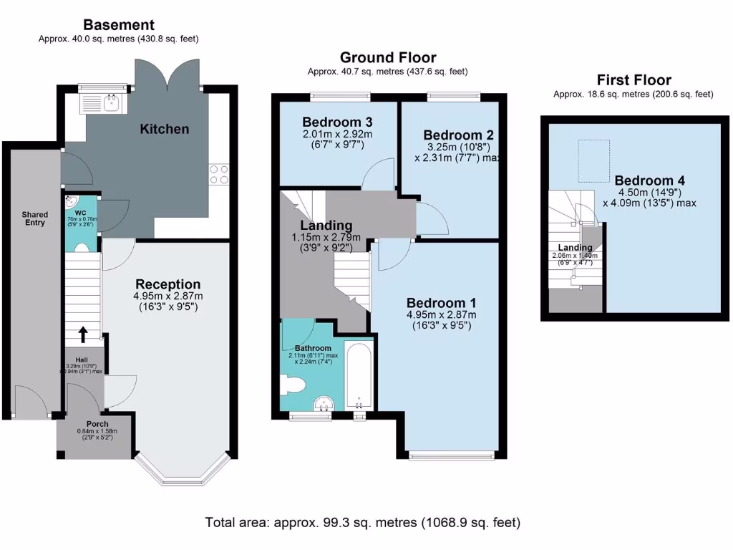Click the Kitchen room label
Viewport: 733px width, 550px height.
[x=164, y=129]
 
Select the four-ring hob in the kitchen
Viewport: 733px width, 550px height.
[x=218, y=175]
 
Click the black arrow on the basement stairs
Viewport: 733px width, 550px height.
[x=83, y=334]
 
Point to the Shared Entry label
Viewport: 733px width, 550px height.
[x=34, y=218]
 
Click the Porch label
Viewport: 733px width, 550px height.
[x=97, y=424]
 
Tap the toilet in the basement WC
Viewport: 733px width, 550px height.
[x=82, y=248]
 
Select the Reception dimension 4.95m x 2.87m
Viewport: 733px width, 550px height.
[x=168, y=296]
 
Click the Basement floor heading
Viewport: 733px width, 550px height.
[x=118, y=26]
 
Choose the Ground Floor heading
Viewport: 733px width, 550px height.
[x=387, y=57]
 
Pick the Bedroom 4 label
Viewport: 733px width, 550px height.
[x=644, y=180]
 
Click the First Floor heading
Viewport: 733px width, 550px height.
[x=634, y=80]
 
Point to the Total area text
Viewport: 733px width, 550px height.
[x=362, y=522]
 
